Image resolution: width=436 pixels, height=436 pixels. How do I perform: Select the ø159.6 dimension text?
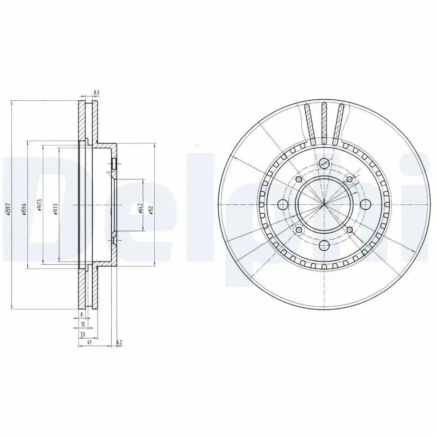(24, 209)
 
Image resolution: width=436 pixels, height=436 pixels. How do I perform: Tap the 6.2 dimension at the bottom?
(119, 342)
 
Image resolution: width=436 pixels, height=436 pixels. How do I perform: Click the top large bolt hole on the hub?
(324, 163)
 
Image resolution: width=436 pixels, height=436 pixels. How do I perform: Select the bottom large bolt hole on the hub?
(324, 246)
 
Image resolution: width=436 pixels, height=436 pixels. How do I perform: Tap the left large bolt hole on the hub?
(282, 204)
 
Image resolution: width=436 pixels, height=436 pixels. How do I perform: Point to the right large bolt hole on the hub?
(365, 204)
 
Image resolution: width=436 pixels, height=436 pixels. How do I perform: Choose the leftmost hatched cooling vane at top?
(308, 123)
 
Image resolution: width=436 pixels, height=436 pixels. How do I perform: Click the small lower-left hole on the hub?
(299, 229)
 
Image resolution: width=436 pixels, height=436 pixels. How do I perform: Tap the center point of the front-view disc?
(324, 204)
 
